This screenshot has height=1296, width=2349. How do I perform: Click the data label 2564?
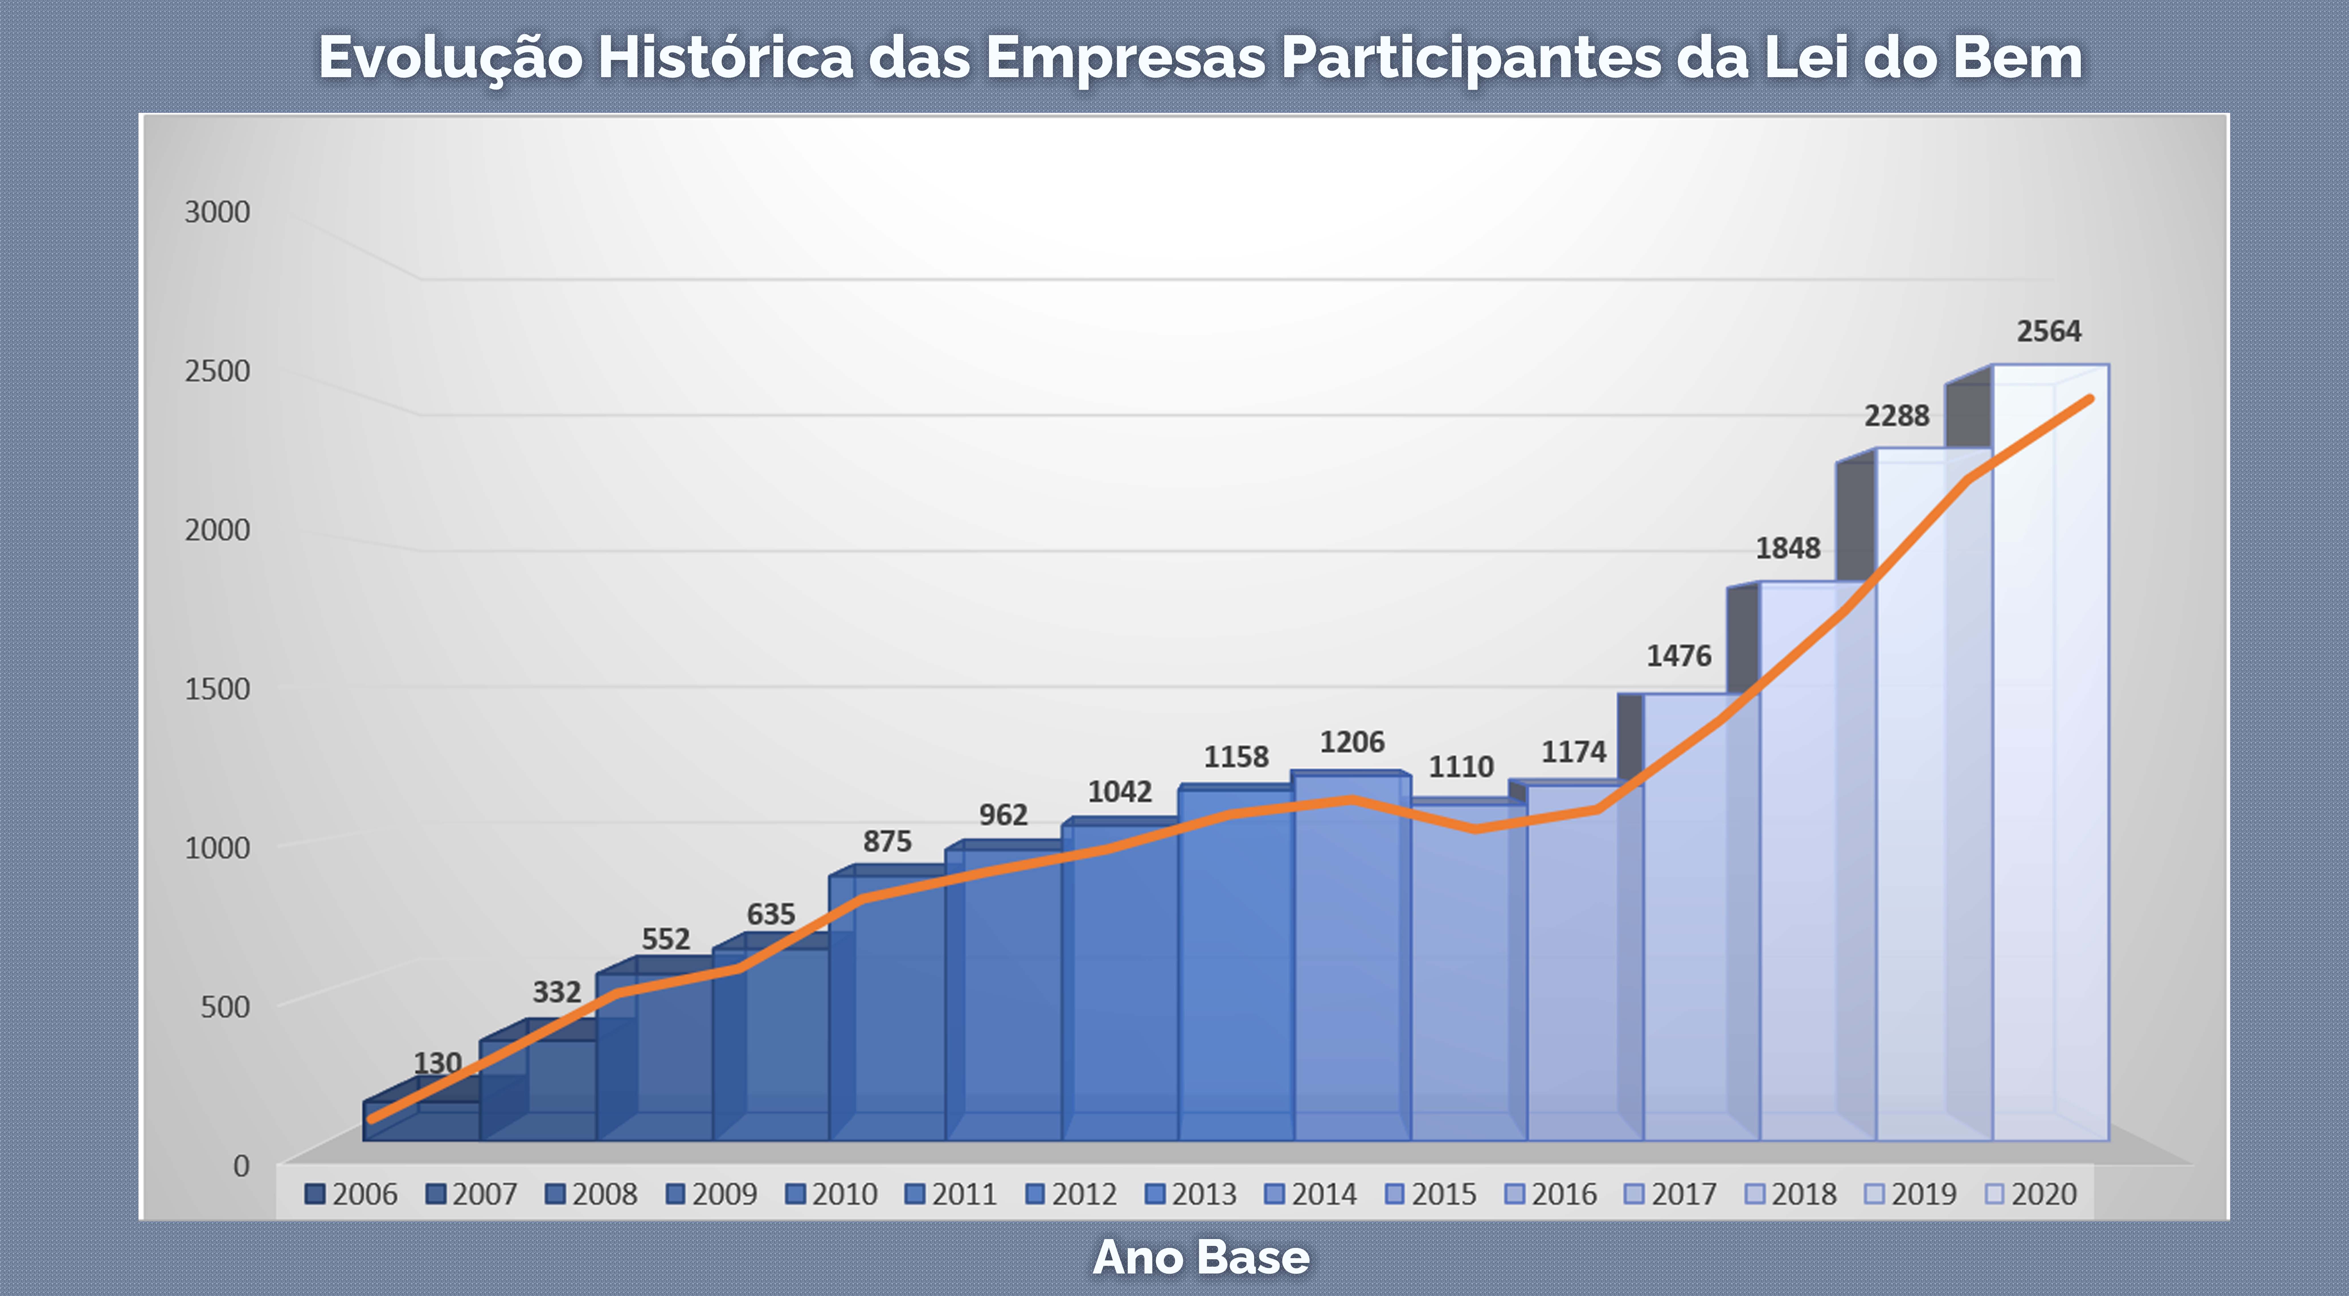coord(2048,331)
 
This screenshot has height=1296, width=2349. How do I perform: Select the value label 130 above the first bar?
coord(438,1063)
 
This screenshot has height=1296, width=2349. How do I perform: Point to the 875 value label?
coord(887,841)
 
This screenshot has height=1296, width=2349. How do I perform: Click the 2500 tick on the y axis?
coord(217,371)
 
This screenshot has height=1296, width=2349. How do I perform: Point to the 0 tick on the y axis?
coord(241,1166)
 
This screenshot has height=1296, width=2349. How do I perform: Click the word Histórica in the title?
coord(725,58)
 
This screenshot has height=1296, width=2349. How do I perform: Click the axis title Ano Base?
coord(1201,1258)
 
